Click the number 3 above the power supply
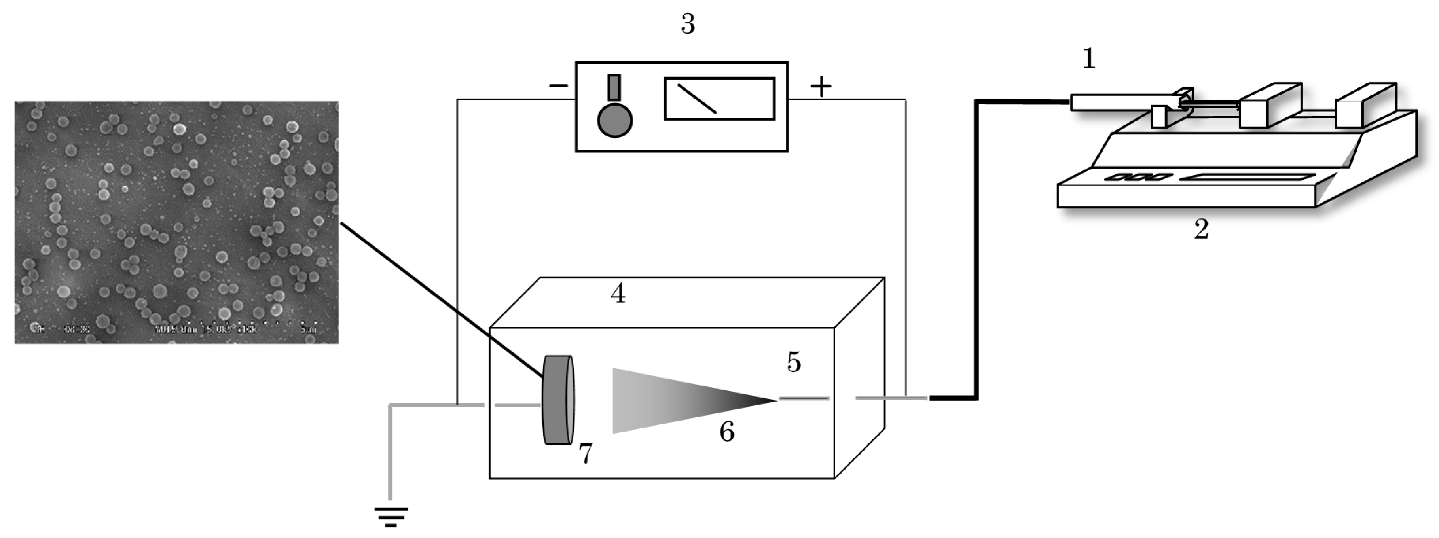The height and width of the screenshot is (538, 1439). coord(688,24)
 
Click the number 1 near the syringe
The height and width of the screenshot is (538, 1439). coord(1089,59)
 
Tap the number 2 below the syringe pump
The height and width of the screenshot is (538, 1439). coord(1201,229)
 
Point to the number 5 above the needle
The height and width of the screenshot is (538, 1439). coord(794,363)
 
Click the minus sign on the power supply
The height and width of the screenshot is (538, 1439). coord(558,86)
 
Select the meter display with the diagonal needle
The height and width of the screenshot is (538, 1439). coord(719,99)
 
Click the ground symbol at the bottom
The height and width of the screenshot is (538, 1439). coord(391,517)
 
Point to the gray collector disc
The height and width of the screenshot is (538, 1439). coord(557,400)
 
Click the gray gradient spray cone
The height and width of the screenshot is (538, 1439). coord(670,400)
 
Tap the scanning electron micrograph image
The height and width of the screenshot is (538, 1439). coord(176,222)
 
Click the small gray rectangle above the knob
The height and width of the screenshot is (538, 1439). coord(614,87)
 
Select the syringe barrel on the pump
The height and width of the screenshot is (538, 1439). coord(1123,102)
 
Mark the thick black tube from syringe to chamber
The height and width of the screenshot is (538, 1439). coord(976,252)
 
